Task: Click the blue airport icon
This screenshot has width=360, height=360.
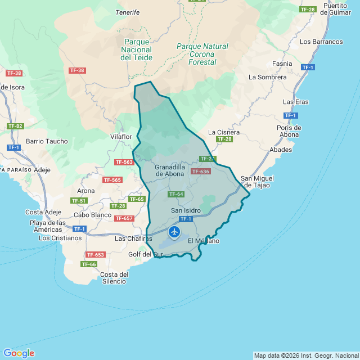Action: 174,231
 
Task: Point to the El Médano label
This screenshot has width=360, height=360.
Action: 204,241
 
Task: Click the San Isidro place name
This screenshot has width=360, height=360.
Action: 185,210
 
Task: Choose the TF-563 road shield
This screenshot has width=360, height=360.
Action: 124,162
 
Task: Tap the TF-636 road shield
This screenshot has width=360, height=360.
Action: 200,172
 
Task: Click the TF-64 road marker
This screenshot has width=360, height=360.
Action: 176,194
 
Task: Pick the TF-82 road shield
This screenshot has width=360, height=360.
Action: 15,126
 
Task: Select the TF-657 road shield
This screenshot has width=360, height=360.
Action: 124,218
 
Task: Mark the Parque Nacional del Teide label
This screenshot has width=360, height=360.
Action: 136,49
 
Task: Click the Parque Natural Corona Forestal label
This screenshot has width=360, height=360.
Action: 202,54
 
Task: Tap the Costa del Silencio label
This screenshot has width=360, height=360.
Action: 114,278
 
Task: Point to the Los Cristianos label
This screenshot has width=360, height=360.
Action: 60,238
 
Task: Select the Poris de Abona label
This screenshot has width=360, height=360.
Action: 289,131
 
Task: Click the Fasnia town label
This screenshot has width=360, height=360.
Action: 282,64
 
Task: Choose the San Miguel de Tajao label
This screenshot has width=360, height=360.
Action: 257,182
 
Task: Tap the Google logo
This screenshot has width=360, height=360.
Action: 20,353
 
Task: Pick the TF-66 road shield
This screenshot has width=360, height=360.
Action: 89,264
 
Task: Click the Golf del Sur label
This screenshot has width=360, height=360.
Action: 145,254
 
